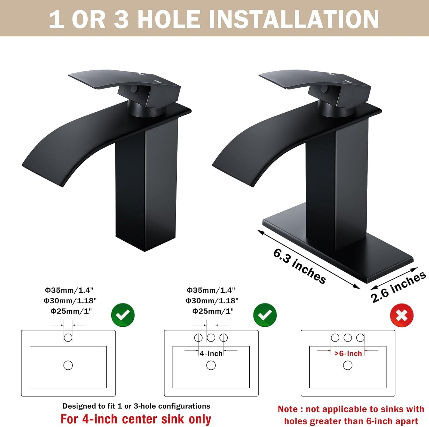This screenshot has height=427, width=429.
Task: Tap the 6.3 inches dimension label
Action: click(x=300, y=266)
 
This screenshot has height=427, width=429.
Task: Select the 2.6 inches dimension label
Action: click(x=398, y=287)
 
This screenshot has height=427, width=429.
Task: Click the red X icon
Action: click(x=401, y=315)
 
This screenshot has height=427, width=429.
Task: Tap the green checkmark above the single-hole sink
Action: click(x=123, y=315)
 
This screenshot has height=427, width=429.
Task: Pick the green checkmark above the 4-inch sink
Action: click(x=265, y=315)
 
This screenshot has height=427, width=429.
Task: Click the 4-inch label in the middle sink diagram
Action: click(x=211, y=353)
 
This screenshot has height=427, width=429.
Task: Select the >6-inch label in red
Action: click(x=348, y=353)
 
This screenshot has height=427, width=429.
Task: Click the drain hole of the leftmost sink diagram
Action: click(x=68, y=365)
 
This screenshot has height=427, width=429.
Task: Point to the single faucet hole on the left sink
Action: click(x=68, y=338)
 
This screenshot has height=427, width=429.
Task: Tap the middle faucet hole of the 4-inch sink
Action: click(x=211, y=338)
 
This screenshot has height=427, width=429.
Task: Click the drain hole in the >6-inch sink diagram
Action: click(x=348, y=365)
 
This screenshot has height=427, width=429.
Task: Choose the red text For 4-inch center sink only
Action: click(x=136, y=419)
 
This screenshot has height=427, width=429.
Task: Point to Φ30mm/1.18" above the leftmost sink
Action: click(x=70, y=301)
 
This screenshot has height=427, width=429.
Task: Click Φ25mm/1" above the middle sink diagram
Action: click(x=213, y=311)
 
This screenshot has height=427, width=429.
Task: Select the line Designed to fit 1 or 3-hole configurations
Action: click(x=136, y=406)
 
